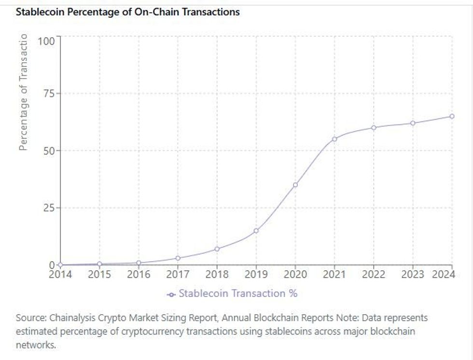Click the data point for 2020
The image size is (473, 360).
(x=295, y=185)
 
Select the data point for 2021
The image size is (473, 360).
(x=334, y=139)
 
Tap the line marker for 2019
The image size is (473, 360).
(x=256, y=231)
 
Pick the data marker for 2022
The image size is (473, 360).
(x=374, y=128)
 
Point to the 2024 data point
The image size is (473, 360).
(x=452, y=116)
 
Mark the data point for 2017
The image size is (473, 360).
(x=178, y=258)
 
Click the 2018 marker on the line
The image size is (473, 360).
(x=217, y=249)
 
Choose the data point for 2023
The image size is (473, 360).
(x=413, y=123)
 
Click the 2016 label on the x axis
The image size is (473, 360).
(x=139, y=275)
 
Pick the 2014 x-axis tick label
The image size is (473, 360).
(x=60, y=275)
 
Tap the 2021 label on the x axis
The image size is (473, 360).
(x=334, y=275)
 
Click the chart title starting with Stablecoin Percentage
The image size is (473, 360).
(x=127, y=12)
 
